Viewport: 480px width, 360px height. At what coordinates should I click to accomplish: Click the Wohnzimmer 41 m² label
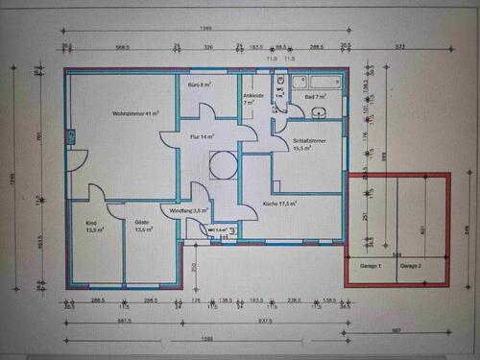(135, 113)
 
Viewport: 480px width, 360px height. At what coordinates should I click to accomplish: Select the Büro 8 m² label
(199, 85)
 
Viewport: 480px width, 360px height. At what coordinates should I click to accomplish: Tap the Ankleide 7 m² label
(253, 99)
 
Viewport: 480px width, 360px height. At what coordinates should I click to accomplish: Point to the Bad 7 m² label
(316, 97)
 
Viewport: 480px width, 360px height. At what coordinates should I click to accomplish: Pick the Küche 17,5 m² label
(280, 204)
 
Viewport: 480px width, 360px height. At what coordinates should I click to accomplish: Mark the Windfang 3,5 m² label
(189, 210)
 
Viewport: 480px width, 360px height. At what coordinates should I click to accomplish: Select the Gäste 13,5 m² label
(143, 227)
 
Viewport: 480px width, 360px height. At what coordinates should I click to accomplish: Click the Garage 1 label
(371, 265)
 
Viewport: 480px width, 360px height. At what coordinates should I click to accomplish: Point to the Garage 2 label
(411, 265)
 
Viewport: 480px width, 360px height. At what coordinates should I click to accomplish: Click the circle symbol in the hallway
(224, 164)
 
